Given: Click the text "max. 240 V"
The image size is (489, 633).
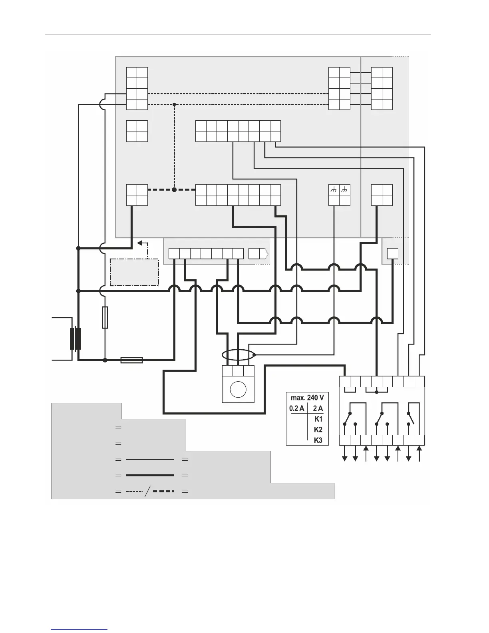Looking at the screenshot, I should tap(307, 398).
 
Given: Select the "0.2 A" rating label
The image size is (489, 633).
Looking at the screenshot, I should tap(296, 408).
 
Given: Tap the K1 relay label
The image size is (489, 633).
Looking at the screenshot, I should tap(318, 419).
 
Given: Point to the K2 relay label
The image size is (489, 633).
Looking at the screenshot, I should tap(318, 430).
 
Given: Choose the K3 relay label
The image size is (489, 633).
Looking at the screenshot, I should tap(318, 440).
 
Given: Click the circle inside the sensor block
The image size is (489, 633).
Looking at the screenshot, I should tap(238, 390).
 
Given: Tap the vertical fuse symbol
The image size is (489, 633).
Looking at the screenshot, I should tap(105, 318).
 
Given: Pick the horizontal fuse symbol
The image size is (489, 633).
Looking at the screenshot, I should tap(131, 360).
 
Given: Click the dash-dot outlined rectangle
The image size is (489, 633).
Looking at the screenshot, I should tap(134, 272).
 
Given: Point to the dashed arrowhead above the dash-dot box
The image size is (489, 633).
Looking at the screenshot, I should tap(140, 243).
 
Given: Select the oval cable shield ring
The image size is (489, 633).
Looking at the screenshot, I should tap(238, 355).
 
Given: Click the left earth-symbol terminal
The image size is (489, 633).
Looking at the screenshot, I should tap(334, 190).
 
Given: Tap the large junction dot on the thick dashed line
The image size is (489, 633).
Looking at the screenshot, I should tap(174, 190).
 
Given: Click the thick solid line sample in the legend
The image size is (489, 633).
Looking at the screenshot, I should tap(150, 475).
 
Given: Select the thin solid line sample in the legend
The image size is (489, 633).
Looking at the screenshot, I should tap(150, 460).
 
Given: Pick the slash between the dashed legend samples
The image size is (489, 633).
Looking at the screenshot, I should tap(147, 491).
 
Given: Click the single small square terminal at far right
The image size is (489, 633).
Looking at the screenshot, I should tap(393, 253).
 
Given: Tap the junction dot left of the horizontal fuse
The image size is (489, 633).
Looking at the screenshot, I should tap(105, 360).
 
